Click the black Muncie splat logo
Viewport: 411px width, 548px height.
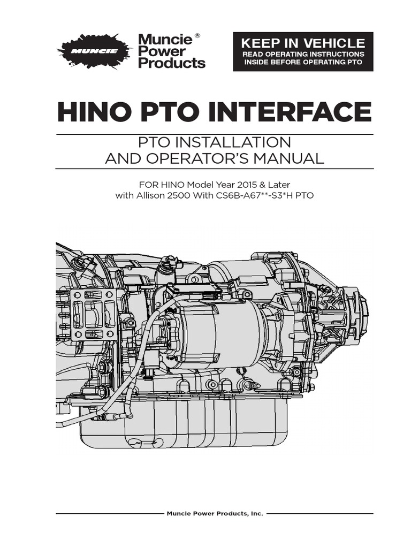[x=94, y=52]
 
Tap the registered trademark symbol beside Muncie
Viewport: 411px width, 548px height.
[x=197, y=36]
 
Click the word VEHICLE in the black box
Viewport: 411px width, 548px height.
[x=334, y=43]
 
